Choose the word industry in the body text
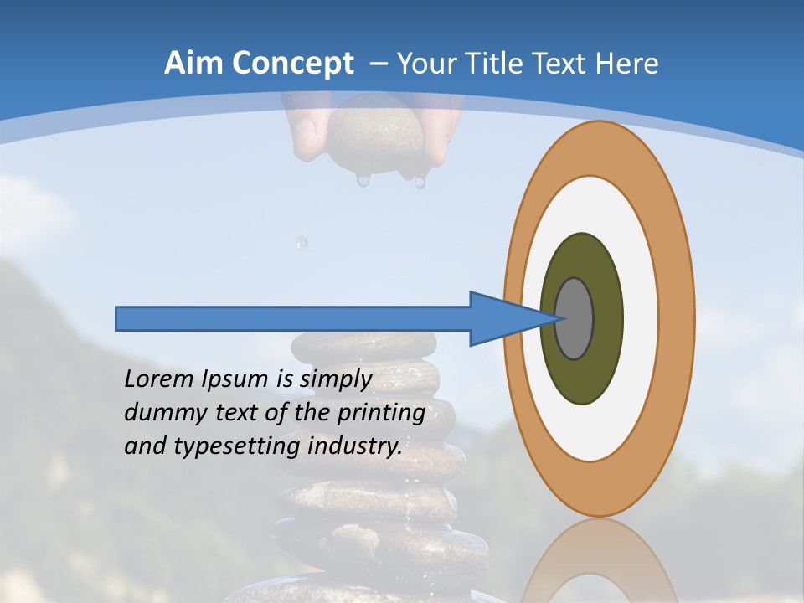(355, 446)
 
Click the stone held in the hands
(375, 134)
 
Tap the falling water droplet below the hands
(301, 243)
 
